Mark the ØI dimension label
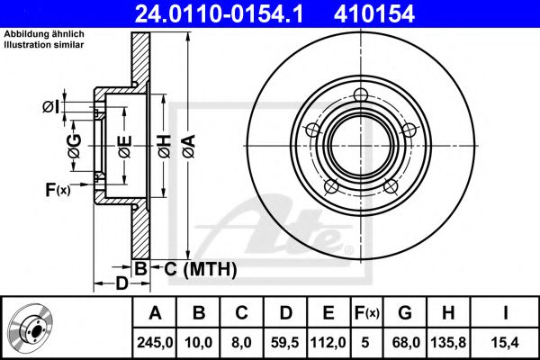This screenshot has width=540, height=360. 51,108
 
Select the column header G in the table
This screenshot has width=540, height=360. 405,312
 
